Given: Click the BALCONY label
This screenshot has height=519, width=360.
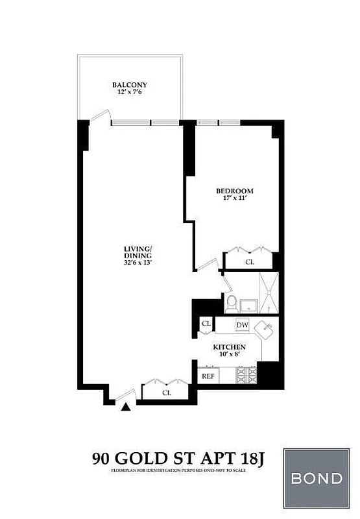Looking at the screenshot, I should [x=129, y=85].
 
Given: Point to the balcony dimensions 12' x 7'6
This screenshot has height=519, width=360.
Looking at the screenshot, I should [x=129, y=93].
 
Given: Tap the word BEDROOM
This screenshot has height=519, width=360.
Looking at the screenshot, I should [x=234, y=191].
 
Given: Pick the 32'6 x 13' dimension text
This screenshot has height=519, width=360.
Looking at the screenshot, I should [x=138, y=263].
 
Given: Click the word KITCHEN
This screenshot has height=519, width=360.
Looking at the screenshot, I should [x=230, y=347].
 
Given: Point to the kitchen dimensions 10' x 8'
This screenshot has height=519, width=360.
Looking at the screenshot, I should [x=230, y=356].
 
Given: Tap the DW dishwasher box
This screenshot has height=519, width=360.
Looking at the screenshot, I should [x=242, y=324].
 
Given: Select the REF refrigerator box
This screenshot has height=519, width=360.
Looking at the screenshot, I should [x=208, y=376].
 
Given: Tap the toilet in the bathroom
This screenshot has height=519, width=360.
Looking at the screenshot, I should [x=231, y=302].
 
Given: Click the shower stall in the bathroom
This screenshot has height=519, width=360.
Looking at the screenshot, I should [x=268, y=294].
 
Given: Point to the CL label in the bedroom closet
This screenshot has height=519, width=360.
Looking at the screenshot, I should [x=250, y=262].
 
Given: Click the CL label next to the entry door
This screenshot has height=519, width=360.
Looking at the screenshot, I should [x=166, y=392].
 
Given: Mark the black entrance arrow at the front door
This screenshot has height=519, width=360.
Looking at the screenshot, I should [x=126, y=407].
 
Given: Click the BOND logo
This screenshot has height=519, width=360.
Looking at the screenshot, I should [x=317, y=479].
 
